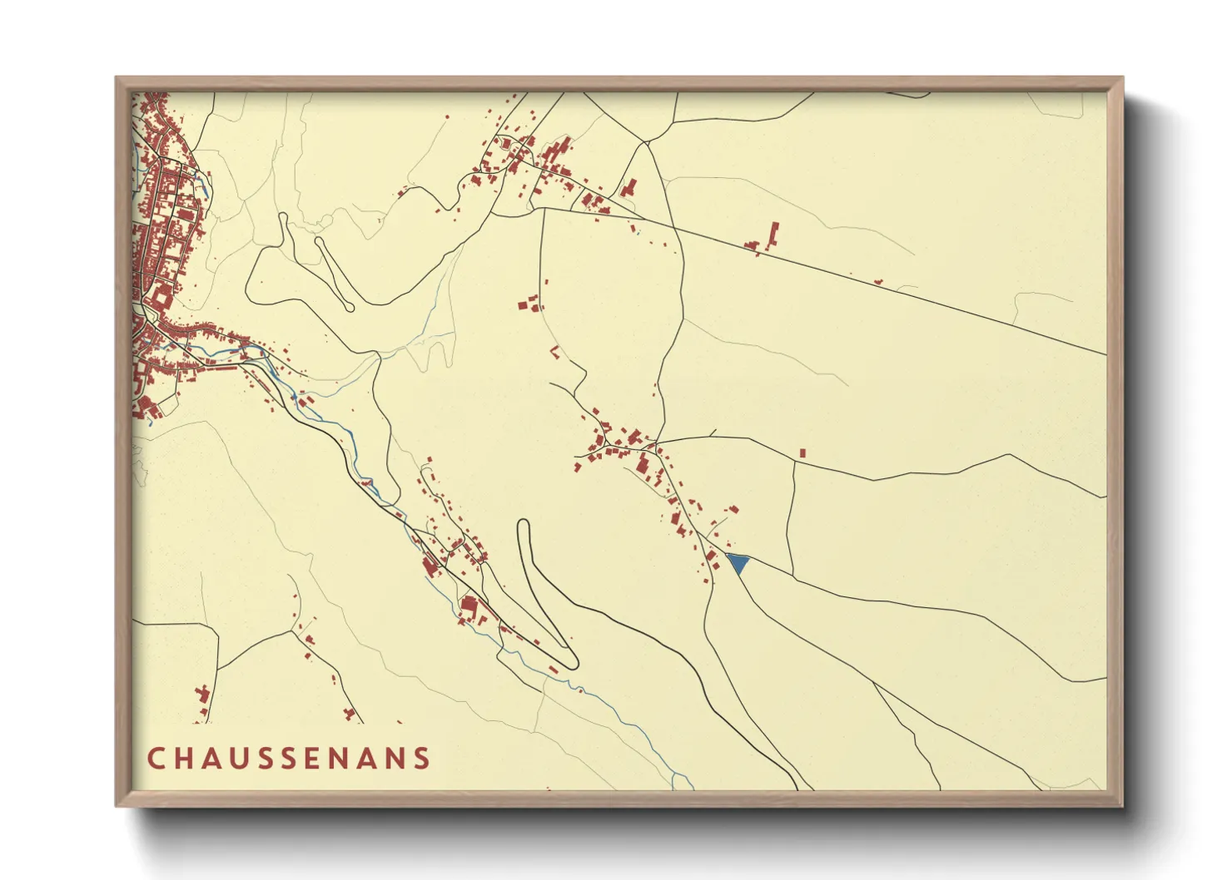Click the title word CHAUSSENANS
[x=289, y=758]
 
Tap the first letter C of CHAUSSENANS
[x=156, y=758]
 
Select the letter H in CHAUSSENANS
[x=184, y=758]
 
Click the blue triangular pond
[x=738, y=563]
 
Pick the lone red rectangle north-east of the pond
[x=802, y=452]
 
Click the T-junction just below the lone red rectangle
[x=795, y=463]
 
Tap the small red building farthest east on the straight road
[x=878, y=282]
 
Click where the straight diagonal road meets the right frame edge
[x=1106, y=354]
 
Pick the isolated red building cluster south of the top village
[x=529, y=304]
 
